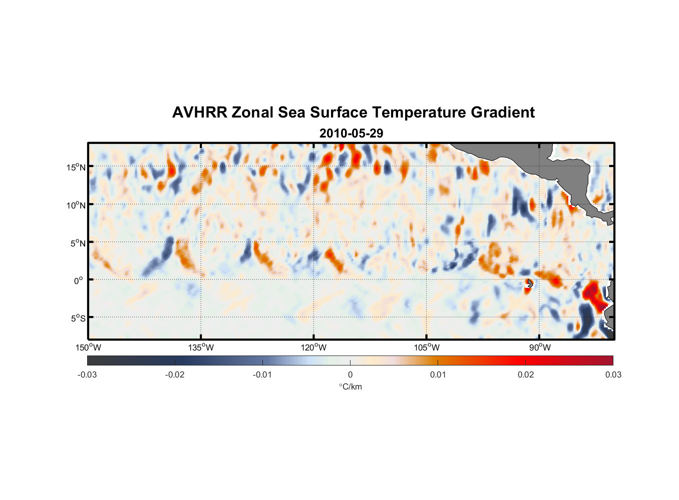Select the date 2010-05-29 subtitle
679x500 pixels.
(351, 133)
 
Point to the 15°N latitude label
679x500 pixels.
(76, 167)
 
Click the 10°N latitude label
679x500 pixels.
(76, 205)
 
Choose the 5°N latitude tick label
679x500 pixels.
(78, 243)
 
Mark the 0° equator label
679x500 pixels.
(79, 280)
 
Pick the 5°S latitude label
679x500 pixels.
(78, 318)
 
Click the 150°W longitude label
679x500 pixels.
(89, 347)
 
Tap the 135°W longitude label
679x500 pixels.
(201, 347)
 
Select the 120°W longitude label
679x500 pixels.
(314, 347)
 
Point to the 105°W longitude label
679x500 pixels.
(427, 347)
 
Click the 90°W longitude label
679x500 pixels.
(539, 347)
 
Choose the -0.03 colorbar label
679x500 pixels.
(87, 374)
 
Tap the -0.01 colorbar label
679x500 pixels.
(262, 374)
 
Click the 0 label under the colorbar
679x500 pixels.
(350, 374)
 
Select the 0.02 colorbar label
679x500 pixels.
(525, 374)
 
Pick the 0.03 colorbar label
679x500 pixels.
(613, 374)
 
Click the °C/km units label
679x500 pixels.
(350, 386)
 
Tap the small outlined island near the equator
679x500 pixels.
(529, 283)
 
